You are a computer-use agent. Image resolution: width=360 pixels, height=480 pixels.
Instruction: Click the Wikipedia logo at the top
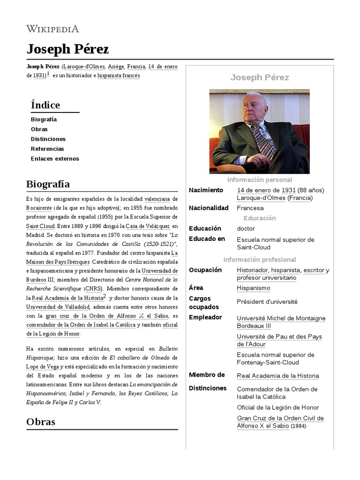(x=52, y=29)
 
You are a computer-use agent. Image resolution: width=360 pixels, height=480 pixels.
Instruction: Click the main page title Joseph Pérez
(x=67, y=49)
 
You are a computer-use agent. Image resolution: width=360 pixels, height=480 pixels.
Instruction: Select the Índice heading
(x=45, y=105)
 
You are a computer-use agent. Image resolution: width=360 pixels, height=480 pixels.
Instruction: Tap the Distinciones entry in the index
(x=48, y=139)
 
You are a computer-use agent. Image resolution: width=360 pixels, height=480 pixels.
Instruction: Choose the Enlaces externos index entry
(x=55, y=158)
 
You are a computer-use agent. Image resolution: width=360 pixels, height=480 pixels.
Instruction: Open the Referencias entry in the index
(x=47, y=149)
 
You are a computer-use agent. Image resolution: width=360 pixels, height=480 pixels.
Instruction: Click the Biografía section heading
(x=48, y=183)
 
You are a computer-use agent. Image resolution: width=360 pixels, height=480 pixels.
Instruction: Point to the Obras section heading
(x=41, y=421)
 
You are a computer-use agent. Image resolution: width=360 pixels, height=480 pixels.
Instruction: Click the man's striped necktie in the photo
(x=262, y=141)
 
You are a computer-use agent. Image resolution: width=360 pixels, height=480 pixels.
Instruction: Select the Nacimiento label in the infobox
(x=206, y=190)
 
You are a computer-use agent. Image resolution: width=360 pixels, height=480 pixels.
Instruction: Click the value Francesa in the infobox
(x=250, y=208)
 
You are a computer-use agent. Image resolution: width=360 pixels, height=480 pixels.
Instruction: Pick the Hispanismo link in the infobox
(x=254, y=288)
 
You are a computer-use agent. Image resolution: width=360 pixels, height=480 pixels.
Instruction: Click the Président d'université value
(x=267, y=301)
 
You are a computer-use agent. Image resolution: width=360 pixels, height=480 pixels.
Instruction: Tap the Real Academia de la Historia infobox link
(x=277, y=375)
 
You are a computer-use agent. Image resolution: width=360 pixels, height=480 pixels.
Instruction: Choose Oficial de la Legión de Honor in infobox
(x=277, y=407)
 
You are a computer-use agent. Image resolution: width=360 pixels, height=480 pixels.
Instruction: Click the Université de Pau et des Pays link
(x=279, y=337)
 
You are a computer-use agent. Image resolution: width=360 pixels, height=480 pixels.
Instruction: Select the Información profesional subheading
(x=259, y=259)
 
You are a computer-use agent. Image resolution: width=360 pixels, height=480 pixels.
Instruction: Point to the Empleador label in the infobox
(x=205, y=317)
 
